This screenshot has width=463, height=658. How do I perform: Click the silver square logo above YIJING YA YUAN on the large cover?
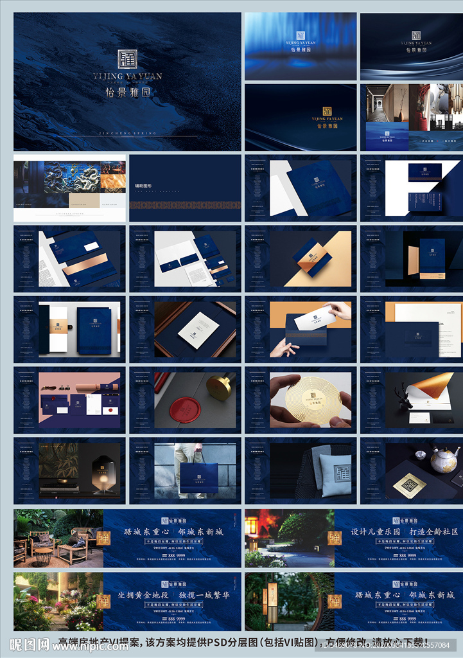pos(127,60)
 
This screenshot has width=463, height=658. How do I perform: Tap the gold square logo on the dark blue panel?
pos(327,111)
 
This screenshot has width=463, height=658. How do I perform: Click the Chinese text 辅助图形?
pos(144,186)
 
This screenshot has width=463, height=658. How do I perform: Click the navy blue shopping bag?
pos(198,477)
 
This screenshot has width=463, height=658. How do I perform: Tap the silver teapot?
pos(443,460)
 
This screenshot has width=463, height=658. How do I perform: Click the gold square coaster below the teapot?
pos(409,485)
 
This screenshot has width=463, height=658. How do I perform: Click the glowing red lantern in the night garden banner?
pos(251,526)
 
